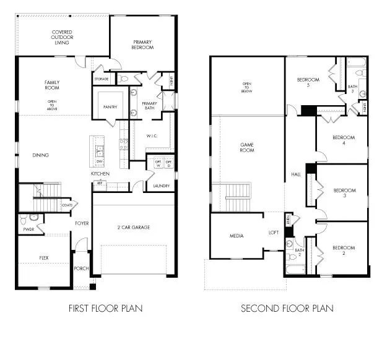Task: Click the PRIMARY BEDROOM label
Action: [x=142, y=45]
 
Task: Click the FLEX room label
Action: [x=44, y=257]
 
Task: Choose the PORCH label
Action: [x=81, y=268]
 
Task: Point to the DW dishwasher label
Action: [x=99, y=161]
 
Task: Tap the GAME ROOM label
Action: [x=247, y=147]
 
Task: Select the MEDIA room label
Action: [x=237, y=236]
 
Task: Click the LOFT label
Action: [x=273, y=233]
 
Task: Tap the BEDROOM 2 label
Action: [x=343, y=251]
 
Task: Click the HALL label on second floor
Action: [x=296, y=175]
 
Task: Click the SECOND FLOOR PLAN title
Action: [x=287, y=308]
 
